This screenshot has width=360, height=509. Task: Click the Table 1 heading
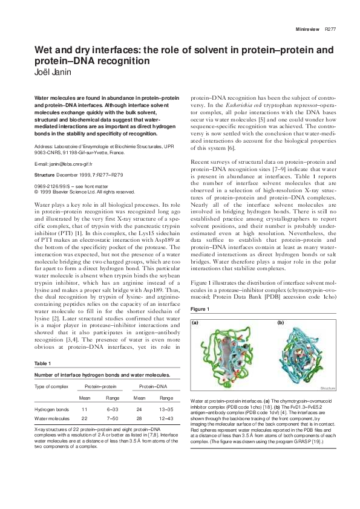42,363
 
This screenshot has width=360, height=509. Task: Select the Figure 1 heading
200,309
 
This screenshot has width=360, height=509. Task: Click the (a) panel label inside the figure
196,323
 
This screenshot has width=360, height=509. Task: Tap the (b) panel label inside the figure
280,323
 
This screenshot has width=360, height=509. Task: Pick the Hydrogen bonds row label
51,409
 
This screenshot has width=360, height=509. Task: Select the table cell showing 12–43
166,418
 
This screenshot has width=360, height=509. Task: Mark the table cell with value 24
139,409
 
